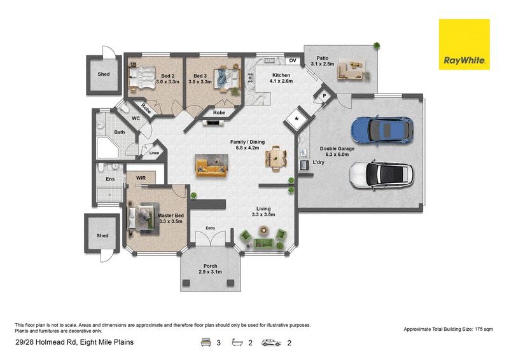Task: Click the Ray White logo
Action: pos(464,45)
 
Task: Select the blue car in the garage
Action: pos(382,130)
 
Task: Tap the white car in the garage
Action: pos(381,174)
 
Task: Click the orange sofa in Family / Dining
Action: pos(211,166)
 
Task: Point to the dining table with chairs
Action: pos(276,158)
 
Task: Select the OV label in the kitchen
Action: pos(293,60)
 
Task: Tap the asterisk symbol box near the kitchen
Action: pos(296,119)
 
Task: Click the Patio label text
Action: pos(323,58)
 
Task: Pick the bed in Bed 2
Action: pos(142,77)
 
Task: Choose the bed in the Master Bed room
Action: pos(141,216)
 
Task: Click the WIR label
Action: pos(141,178)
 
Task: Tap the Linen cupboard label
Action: pos(154,153)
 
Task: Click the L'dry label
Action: pos(319,162)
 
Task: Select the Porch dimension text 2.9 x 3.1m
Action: pos(211,272)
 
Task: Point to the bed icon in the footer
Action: pos(206,342)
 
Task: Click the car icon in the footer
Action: pos(271,342)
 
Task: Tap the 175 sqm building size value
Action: pos(484,329)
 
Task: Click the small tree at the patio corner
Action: pos(377,45)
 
